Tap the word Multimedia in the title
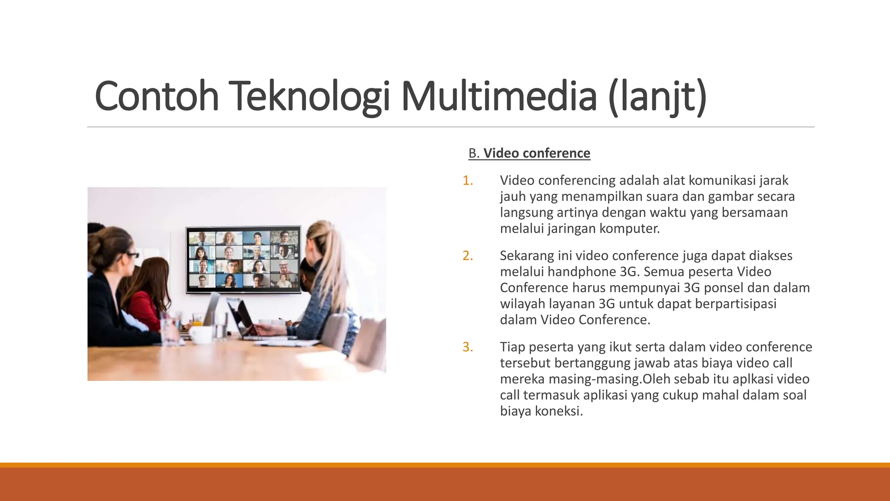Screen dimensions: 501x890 499,97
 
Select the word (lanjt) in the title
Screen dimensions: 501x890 658,97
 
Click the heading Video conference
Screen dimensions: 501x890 537,153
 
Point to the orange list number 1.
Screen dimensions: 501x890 468,180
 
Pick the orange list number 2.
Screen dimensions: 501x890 468,256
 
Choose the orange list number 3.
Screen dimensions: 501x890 468,347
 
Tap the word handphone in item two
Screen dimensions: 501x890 581,272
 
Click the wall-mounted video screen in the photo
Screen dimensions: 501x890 243,259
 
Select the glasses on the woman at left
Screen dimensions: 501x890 132,255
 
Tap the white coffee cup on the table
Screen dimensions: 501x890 201,334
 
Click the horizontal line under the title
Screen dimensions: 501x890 450,127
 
